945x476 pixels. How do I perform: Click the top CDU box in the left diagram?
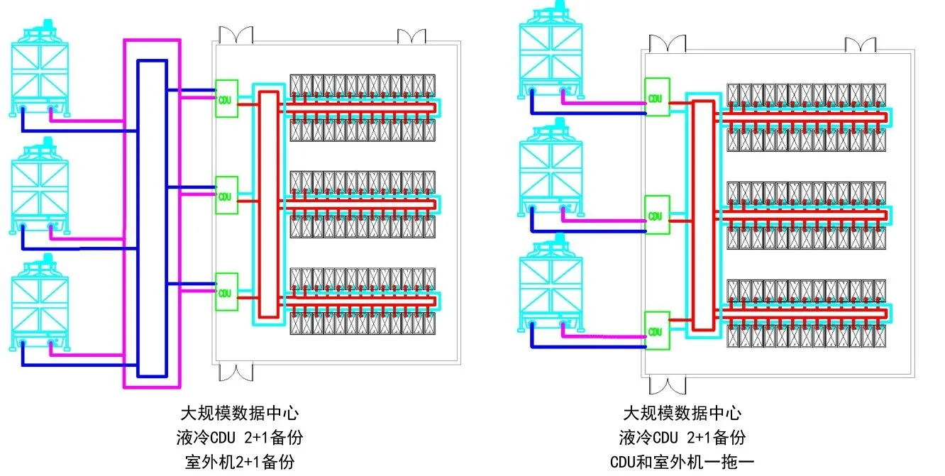point(226,99)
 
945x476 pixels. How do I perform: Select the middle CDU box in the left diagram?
point(226,195)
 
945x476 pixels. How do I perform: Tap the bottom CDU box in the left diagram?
point(226,292)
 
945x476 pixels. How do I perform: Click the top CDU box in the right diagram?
point(657,97)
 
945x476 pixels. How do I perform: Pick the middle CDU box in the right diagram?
point(657,215)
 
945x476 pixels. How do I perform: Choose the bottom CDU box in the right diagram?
point(657,331)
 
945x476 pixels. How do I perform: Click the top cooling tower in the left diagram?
point(40,68)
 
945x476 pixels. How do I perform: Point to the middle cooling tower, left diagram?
point(40,186)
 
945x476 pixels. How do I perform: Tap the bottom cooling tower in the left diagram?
point(40,303)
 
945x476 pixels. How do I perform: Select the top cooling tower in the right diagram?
point(551,50)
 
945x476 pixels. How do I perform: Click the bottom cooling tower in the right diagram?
point(551,284)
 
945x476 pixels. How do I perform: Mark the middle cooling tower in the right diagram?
point(551,167)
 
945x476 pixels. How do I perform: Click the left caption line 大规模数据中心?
point(240,413)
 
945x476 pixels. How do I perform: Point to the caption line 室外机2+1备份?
point(240,462)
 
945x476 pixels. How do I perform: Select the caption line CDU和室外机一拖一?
point(682,462)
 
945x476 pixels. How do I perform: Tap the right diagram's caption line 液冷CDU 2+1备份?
point(682,438)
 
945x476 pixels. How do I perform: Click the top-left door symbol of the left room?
point(236,35)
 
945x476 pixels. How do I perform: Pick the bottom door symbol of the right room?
point(668,386)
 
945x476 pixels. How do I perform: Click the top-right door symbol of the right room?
point(861,45)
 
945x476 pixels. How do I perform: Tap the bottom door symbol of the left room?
point(236,373)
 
